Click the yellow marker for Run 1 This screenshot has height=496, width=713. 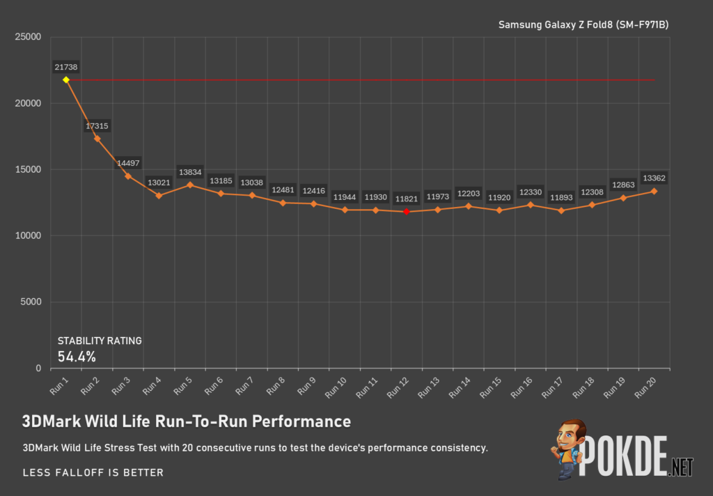[66, 80]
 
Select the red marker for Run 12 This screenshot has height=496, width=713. [407, 212]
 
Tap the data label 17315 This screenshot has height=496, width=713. [97, 126]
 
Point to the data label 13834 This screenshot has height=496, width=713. [190, 172]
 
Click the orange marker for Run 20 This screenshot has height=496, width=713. [654, 192]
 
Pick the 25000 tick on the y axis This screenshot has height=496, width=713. [28, 37]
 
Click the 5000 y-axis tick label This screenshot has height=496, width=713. [31, 302]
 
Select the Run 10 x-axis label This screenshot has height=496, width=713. [336, 387]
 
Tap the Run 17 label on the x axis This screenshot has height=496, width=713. [552, 387]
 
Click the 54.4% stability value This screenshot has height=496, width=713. [77, 357]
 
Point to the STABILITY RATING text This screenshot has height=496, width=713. [100, 341]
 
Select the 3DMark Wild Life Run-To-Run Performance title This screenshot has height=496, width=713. [187, 421]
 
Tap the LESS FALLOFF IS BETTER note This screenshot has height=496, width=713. [93, 472]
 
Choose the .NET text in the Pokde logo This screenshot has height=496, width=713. [681, 467]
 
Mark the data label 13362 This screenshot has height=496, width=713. [654, 178]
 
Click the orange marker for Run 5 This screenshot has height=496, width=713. [190, 185]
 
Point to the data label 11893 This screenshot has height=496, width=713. [561, 197]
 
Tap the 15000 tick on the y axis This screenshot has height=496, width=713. [28, 169]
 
